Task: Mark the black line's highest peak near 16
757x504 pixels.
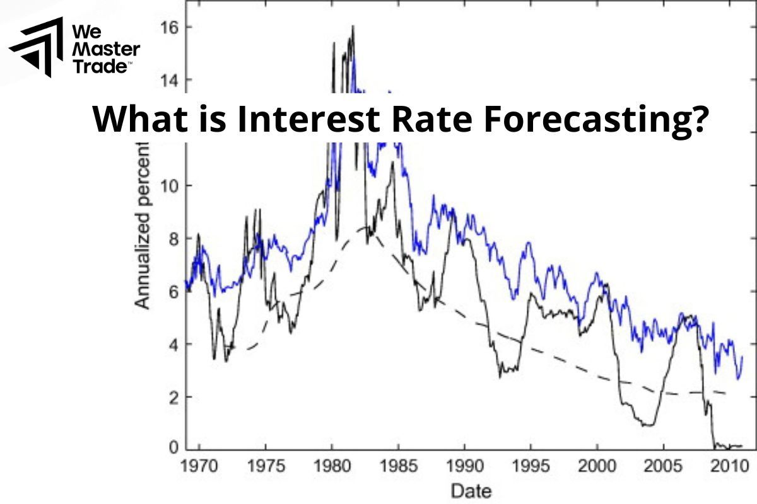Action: [x=353, y=26]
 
